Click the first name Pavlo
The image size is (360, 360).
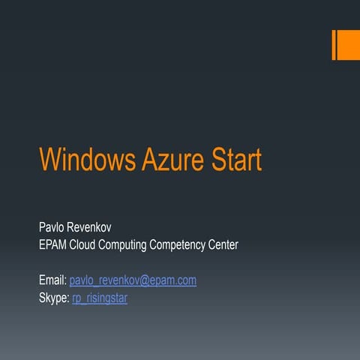click(x=52, y=226)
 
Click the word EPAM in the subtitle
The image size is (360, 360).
click(x=54, y=245)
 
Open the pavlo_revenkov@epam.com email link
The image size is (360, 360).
click(x=133, y=280)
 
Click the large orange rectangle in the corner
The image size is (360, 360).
click(x=348, y=45)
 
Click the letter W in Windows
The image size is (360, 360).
click(x=49, y=160)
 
